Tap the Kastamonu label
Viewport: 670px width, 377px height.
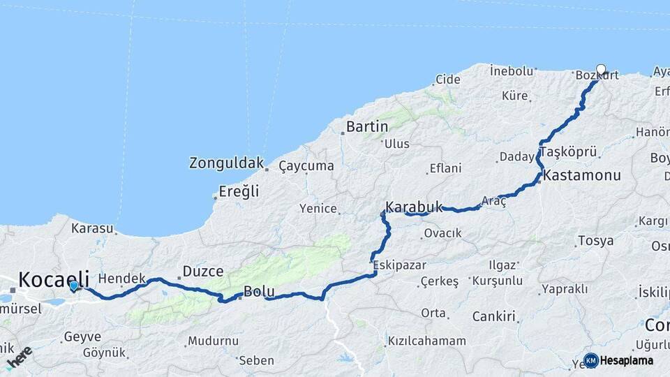(x=581, y=175)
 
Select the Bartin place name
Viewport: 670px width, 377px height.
(x=367, y=127)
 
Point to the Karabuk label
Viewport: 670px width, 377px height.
(x=414, y=207)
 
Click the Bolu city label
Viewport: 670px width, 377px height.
(x=258, y=291)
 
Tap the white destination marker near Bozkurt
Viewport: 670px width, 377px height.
(x=601, y=70)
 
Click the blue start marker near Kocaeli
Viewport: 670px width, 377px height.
(x=74, y=285)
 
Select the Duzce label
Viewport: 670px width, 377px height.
(x=202, y=271)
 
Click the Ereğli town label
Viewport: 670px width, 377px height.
(x=239, y=191)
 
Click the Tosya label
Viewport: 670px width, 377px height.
(x=595, y=241)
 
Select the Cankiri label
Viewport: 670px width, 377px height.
(x=493, y=316)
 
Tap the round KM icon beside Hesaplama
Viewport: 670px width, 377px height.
(x=590, y=360)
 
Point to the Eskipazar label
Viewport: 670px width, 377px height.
(x=398, y=265)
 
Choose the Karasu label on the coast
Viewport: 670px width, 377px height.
(x=91, y=228)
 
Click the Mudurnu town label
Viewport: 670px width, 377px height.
(x=212, y=341)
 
